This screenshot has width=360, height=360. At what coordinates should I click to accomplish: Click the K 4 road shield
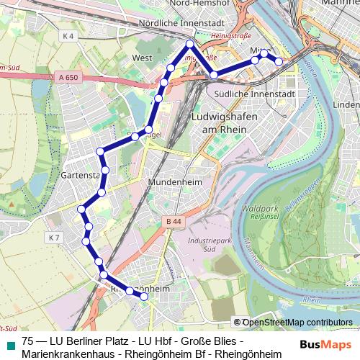tap(68, 35)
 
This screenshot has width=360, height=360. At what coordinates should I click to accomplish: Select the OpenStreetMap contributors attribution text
tap(297, 322)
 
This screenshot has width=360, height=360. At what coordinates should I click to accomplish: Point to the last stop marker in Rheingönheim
tap(144, 296)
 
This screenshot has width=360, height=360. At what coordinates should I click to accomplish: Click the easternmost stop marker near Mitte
tap(279, 62)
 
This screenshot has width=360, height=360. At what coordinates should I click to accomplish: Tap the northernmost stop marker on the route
tap(189, 44)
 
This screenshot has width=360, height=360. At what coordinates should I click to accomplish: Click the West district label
tap(142, 58)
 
